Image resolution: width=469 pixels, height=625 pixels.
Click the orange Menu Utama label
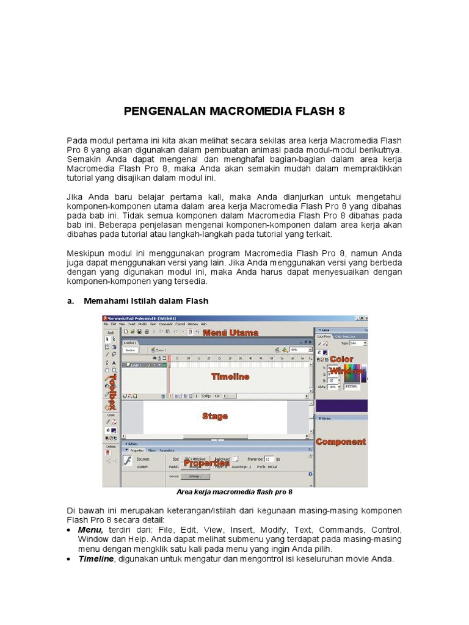[x=231, y=333]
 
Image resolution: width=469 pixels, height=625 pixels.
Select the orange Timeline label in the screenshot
[x=230, y=377]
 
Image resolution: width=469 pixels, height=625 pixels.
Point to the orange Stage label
[x=215, y=416]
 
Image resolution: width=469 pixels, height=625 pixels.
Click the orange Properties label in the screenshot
[x=206, y=463]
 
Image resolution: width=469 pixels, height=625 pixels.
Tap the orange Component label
[x=341, y=441]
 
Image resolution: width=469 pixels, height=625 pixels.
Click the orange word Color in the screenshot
[x=342, y=359]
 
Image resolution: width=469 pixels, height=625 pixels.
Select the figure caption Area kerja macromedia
[x=234, y=491]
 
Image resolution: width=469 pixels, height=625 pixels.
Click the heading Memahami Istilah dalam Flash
[x=146, y=301]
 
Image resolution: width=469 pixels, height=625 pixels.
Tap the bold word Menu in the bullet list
[x=90, y=530]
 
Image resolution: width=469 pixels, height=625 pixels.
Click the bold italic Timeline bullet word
[x=96, y=559]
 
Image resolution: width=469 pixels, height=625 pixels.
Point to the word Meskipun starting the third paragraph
[x=88, y=253]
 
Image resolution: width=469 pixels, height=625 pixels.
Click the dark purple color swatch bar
[x=341, y=405]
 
